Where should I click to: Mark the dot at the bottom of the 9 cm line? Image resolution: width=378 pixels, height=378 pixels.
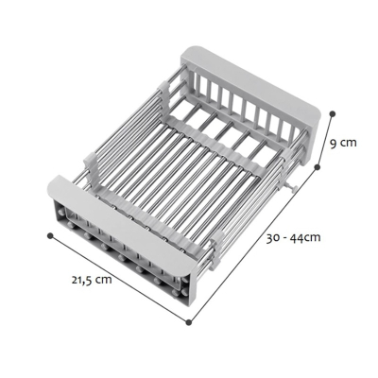[x=318, y=166]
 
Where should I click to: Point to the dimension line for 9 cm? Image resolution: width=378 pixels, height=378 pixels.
[x=324, y=139]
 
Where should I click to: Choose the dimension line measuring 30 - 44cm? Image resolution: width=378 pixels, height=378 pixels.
[x=253, y=243]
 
